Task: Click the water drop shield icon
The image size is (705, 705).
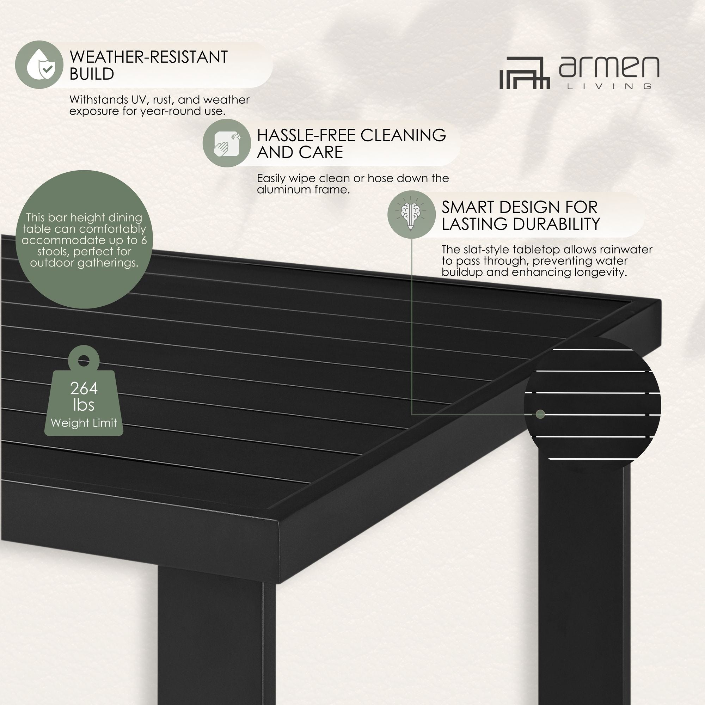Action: [x=39, y=65]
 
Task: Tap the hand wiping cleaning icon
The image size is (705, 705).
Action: [x=227, y=143]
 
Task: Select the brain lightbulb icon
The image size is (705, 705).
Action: [x=411, y=215]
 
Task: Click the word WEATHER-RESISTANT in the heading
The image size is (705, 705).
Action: [x=148, y=57]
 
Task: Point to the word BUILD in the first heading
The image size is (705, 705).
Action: [x=92, y=74]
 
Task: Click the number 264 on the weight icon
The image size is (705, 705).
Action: [x=84, y=388]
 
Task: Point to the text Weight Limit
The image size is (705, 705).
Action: [x=84, y=423]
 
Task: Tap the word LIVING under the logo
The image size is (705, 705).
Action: [x=609, y=86]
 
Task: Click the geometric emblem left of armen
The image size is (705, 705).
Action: [x=525, y=73]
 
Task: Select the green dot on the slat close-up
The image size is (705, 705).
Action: [x=540, y=414]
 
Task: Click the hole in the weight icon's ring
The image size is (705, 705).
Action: [x=84, y=361]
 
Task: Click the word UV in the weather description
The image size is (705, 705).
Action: [x=137, y=100]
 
